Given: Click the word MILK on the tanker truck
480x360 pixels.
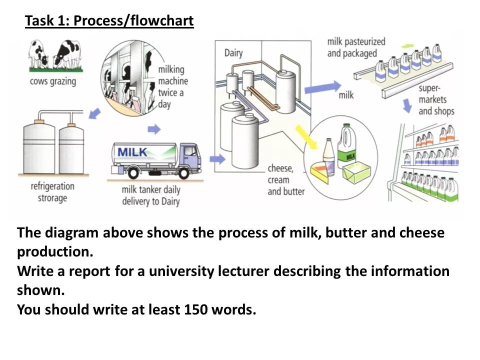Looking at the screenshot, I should [x=132, y=151].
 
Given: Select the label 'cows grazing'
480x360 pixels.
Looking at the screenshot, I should [x=52, y=81].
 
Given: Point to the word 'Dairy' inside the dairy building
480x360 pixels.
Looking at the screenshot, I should [x=233, y=53].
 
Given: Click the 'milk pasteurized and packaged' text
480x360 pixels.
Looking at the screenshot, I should [x=356, y=46].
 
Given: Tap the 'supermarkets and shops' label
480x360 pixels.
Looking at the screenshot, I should [x=436, y=99].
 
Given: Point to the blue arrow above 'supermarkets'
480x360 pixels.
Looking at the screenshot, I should [x=408, y=104].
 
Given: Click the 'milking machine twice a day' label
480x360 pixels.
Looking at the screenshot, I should [x=173, y=86].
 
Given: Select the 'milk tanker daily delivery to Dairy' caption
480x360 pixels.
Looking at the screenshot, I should [x=150, y=195].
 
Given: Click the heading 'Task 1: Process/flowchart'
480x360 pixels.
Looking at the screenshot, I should [x=109, y=21].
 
